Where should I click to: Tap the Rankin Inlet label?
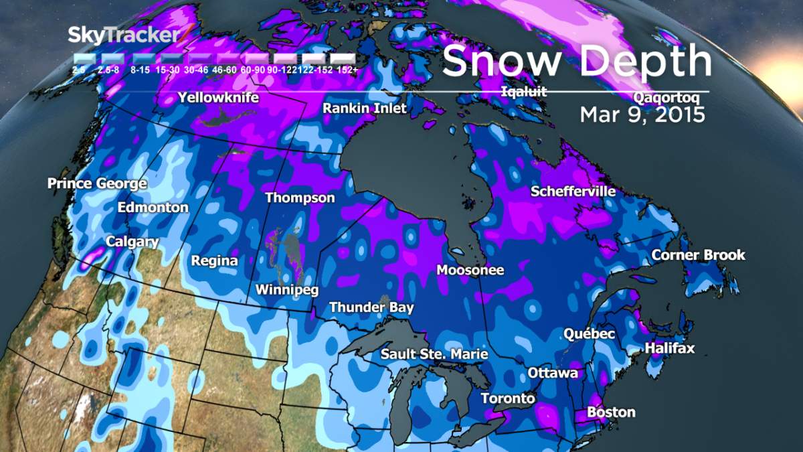point(365,108)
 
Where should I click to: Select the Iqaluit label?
point(524,92)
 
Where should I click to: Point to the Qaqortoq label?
point(666,98)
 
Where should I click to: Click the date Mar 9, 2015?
point(642,115)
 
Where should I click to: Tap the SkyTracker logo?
point(124,35)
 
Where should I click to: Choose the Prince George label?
point(97,183)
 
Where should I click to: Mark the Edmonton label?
point(153,208)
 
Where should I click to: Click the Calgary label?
point(132,242)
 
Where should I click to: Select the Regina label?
point(214,260)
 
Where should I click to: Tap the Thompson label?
point(300,198)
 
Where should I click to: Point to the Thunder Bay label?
point(371,307)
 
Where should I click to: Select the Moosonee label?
point(470,270)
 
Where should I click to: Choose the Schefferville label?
point(573,192)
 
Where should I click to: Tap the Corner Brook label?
point(698,255)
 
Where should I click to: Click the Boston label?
point(610,412)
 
